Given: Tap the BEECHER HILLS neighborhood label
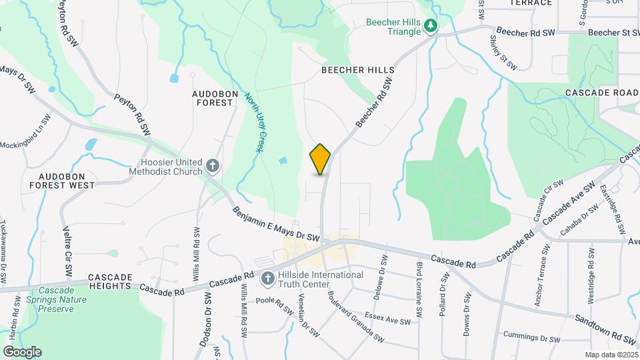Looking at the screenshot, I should click(358, 70).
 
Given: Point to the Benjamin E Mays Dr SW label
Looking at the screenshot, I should click(277, 225).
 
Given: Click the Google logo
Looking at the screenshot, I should click(22, 351).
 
